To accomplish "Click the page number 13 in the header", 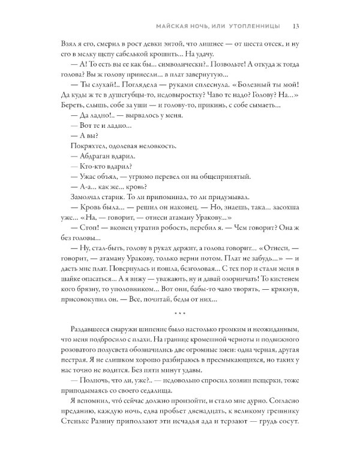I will click(296, 26).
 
